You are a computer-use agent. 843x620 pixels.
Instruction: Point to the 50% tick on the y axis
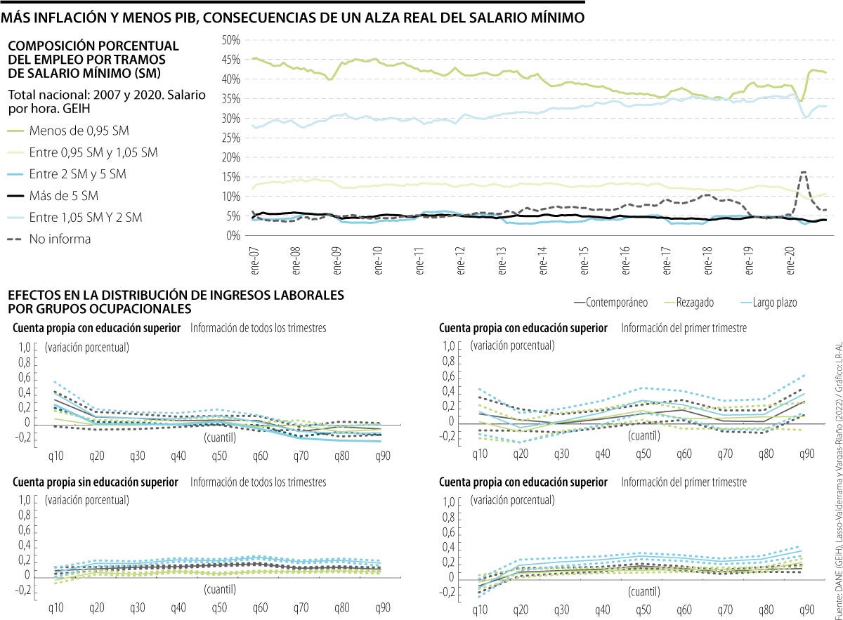(x=231, y=40)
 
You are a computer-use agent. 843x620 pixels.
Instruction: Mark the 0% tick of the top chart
(x=234, y=235)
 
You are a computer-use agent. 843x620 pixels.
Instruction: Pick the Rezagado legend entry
(x=695, y=302)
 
